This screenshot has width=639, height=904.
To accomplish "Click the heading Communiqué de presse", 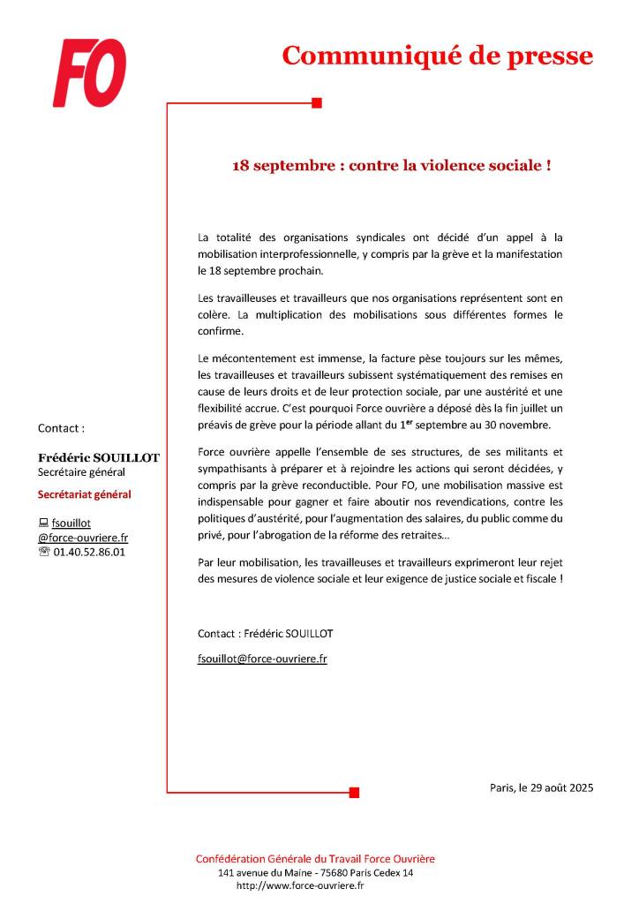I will click(437, 56).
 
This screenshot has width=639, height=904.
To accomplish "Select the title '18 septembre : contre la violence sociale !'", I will click(392, 165).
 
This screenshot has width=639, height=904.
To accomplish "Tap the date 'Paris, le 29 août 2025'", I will click(541, 787).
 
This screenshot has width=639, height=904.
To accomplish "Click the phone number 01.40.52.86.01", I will click(94, 553).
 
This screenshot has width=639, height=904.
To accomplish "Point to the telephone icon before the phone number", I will click(44, 553).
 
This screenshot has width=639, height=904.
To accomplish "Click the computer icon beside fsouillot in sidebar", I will click(43, 523).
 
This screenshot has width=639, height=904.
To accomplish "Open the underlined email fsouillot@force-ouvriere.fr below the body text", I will click(262, 659).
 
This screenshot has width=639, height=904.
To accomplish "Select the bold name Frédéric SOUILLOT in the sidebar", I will click(98, 458).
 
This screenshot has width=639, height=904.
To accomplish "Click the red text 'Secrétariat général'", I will click(85, 494).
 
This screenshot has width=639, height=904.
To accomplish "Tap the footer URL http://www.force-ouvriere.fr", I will click(301, 885).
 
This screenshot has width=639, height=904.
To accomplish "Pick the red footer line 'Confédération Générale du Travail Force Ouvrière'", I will click(315, 859).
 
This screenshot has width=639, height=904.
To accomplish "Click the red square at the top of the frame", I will click(317, 103).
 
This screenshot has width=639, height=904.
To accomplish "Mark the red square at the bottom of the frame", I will click(354, 792).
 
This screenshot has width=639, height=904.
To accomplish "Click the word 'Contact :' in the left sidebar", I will click(62, 428).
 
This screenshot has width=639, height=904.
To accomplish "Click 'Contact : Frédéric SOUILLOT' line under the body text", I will click(266, 634).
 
